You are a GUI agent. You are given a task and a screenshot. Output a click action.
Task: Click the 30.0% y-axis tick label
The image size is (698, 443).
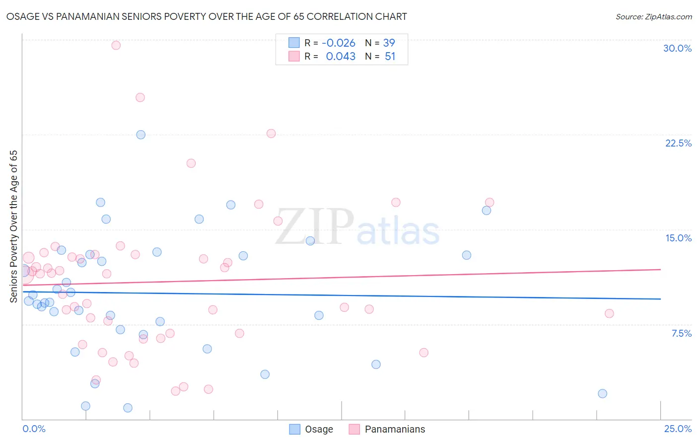(x=677, y=48)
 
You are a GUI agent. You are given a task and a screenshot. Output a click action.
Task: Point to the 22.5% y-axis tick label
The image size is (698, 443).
(x=678, y=143)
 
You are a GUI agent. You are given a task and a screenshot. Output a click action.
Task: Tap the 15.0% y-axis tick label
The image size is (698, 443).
(x=678, y=238)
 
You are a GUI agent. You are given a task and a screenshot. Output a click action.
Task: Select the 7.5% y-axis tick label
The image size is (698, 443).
(x=681, y=333)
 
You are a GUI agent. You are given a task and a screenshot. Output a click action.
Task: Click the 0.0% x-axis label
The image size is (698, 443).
(x=34, y=429)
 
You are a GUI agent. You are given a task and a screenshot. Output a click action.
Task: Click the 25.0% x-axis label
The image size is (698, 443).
(x=678, y=429)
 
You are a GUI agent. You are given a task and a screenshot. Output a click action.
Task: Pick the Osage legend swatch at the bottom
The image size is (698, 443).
(x=295, y=429)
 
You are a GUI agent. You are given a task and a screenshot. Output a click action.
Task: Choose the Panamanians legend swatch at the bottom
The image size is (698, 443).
(x=354, y=429)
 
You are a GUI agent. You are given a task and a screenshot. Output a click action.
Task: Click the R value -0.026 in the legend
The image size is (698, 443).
(x=339, y=43)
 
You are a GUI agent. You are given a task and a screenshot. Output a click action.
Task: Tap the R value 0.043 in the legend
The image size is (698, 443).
(x=341, y=57)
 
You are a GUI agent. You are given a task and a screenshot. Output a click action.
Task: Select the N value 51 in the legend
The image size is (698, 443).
(x=390, y=57)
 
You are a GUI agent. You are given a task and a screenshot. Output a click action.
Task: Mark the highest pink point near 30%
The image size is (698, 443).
(x=116, y=45)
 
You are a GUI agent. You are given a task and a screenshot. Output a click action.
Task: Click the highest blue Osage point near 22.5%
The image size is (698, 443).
(x=141, y=135)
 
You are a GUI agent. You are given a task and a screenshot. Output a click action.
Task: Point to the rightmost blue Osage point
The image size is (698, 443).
(x=603, y=394)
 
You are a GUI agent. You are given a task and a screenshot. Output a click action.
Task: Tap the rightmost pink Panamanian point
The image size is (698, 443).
(x=609, y=313)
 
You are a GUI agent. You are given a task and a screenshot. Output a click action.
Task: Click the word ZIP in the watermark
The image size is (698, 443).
(x=315, y=227)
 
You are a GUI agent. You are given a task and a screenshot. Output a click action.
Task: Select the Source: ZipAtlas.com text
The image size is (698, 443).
(x=653, y=17)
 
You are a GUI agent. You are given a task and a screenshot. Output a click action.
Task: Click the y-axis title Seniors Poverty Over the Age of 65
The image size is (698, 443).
(x=13, y=226)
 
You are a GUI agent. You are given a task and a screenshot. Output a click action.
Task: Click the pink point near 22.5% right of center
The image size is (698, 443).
(x=271, y=134)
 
